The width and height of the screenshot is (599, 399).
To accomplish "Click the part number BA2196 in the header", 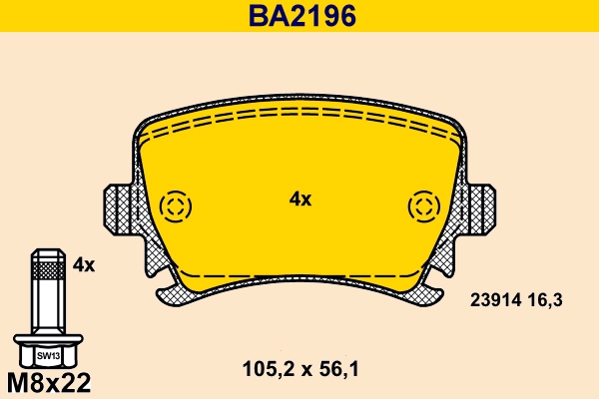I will pyautogui.click(x=299, y=17).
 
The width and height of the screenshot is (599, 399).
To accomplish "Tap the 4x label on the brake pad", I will pyautogui.click(x=300, y=199).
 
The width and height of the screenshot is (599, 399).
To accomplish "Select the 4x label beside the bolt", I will pyautogui.click(x=84, y=265).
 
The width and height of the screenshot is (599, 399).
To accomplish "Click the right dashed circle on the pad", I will pyautogui.click(x=424, y=207).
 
